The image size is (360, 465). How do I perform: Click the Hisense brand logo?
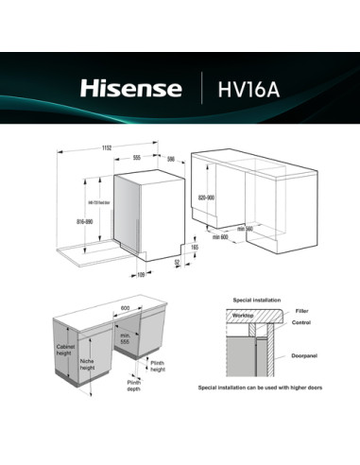tap(130, 89)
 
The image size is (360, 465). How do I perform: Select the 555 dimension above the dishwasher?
tap(137, 158)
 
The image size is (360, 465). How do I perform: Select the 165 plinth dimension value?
tap(195, 247)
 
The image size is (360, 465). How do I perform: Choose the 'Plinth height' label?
tap(157, 367)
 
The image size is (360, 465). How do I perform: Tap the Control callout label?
tap(302, 322)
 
